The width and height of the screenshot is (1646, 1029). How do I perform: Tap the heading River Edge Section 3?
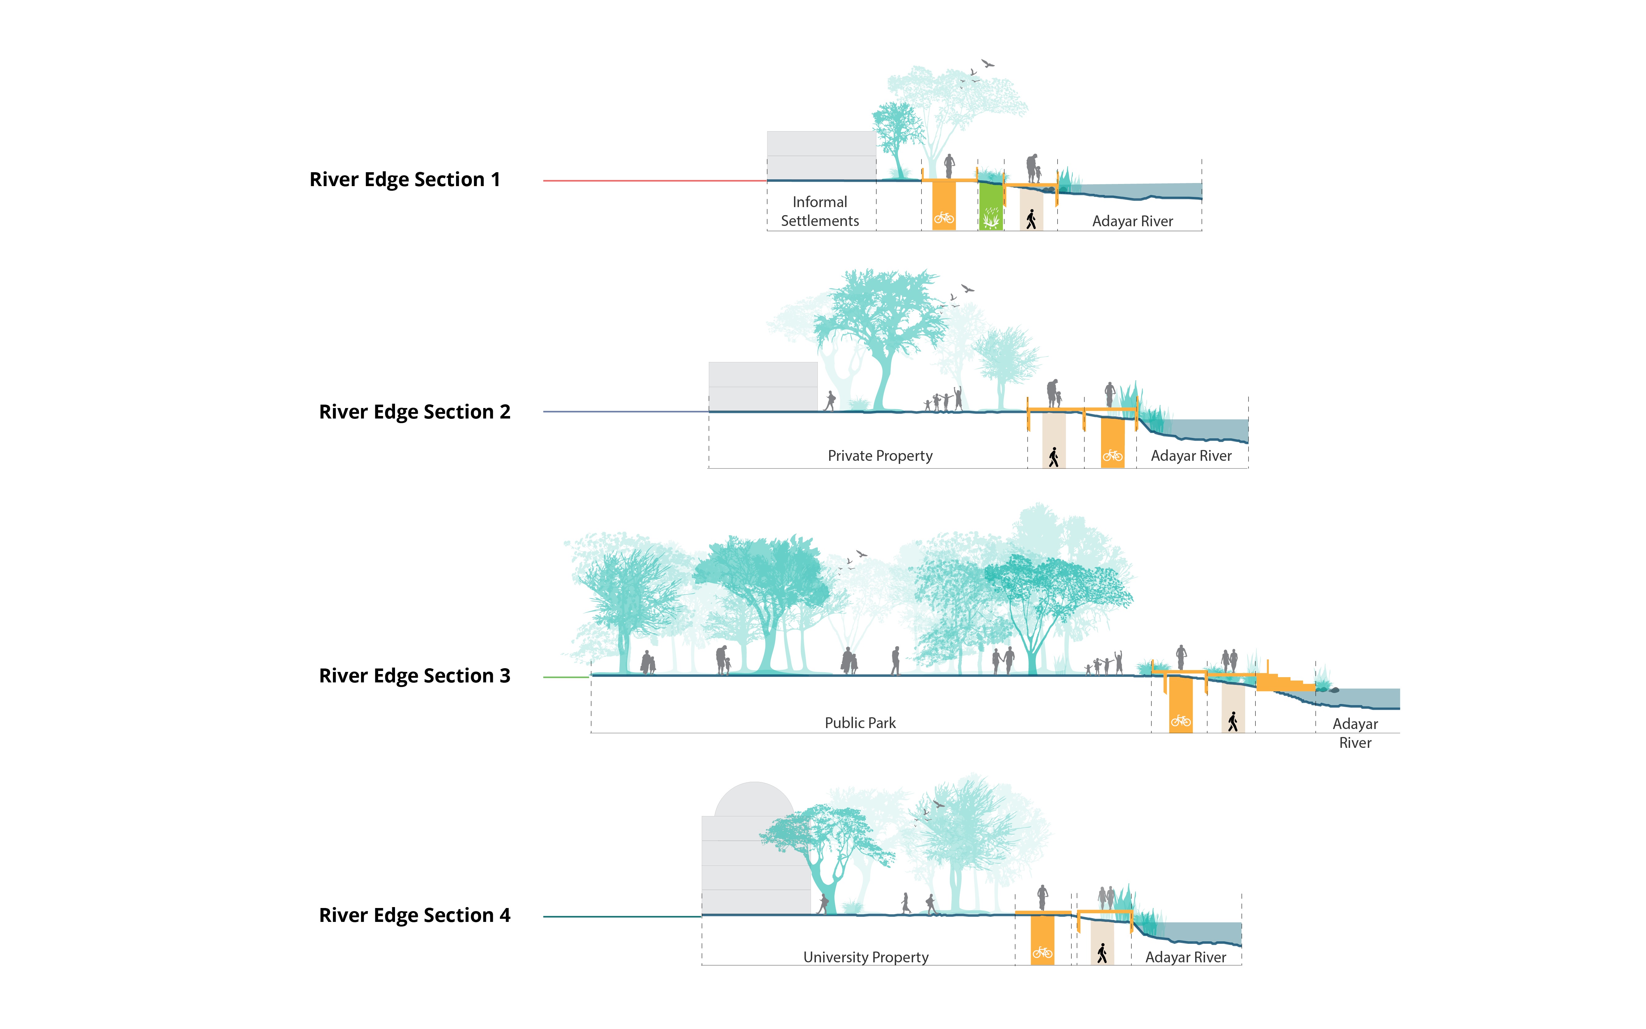[414, 676]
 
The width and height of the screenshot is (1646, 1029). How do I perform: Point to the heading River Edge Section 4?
[414, 915]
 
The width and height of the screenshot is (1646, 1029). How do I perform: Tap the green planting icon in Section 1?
[991, 219]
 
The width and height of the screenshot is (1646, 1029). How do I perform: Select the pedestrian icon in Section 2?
[1053, 457]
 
